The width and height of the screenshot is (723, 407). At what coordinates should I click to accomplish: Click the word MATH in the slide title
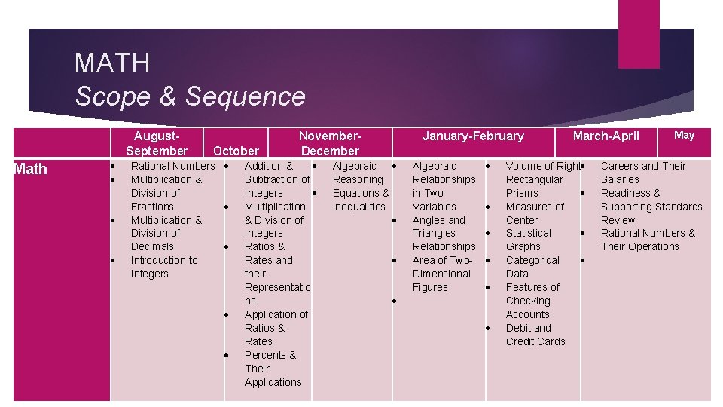coord(112,63)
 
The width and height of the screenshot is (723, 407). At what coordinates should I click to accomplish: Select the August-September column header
coord(157,143)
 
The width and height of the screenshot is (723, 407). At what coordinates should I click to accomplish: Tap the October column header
coord(236,151)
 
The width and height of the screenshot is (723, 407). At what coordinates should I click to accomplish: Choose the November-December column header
coord(331,143)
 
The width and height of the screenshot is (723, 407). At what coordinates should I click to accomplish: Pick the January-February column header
coord(473,136)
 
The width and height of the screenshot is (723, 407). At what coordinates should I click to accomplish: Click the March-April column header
coord(606,136)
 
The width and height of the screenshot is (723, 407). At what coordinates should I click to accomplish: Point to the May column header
coord(684,135)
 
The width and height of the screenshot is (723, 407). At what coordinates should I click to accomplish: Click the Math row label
coord(30,169)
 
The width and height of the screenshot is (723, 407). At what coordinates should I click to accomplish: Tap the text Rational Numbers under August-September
coord(172,166)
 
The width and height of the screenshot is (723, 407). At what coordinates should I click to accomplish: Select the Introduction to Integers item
coord(164,267)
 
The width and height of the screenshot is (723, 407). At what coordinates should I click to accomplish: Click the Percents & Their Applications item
coord(272,369)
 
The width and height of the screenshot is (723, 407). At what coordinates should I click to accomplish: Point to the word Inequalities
coord(359,207)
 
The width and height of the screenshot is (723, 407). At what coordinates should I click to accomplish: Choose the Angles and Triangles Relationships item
coord(444,233)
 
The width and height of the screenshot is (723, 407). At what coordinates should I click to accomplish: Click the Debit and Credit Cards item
coord(535,335)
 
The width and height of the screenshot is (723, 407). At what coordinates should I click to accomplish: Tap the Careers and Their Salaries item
coord(642,173)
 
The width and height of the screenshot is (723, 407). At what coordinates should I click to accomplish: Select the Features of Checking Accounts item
coord(532,301)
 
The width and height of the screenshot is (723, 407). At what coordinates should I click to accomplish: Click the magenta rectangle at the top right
coord(639,34)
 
